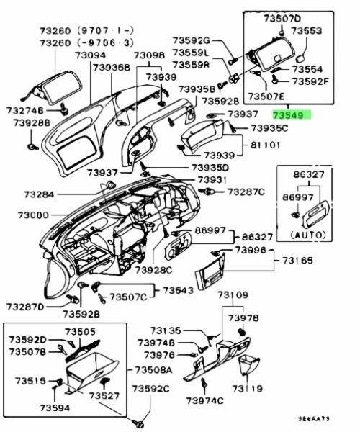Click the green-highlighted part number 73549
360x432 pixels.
coord(291,115)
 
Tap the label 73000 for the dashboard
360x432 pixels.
coord(33,215)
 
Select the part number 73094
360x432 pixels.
coord(90,55)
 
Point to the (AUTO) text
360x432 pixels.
coord(308,235)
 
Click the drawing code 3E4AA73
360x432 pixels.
coord(313,419)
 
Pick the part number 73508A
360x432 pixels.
coord(153,370)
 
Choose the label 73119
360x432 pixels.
coord(248,389)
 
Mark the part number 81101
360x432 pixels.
coord(265,145)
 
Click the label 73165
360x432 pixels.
coord(297,261)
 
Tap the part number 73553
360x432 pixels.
coord(307,30)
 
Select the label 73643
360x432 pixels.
coord(179,290)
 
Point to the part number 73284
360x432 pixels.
coord(39,194)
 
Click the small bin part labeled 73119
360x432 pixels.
coord(249,364)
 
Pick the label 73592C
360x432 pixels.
coord(150,389)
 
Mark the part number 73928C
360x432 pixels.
coord(153,270)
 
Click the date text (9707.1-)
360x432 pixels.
coord(106,30)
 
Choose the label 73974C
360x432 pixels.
coord(204,400)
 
